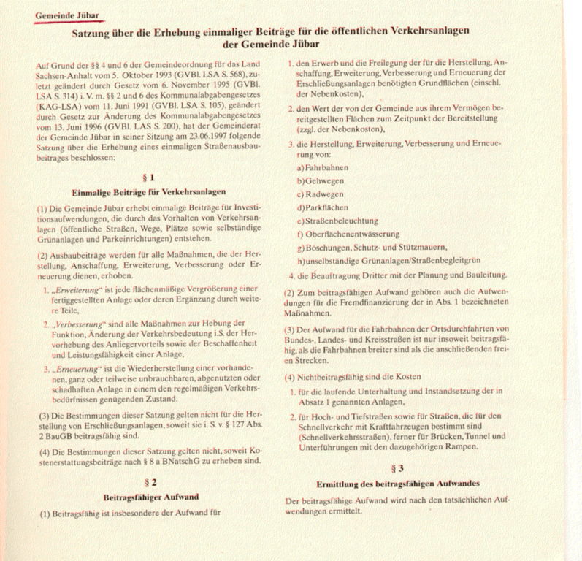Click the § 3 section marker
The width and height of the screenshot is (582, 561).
[x=398, y=467]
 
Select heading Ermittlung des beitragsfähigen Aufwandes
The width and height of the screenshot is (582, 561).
[x=398, y=484]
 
